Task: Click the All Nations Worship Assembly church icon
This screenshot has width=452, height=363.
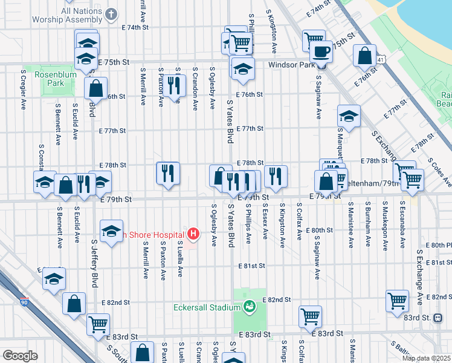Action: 111,13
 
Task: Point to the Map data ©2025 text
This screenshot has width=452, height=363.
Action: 426,358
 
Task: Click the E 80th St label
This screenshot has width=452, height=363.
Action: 319,230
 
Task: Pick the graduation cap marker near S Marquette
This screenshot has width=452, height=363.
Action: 349,115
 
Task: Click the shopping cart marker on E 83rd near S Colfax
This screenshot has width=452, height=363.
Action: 310,316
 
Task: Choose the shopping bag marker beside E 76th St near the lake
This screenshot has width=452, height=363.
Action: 366,56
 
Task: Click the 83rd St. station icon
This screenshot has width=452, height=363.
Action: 437,318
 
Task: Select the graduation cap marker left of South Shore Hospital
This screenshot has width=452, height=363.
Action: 111,232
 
